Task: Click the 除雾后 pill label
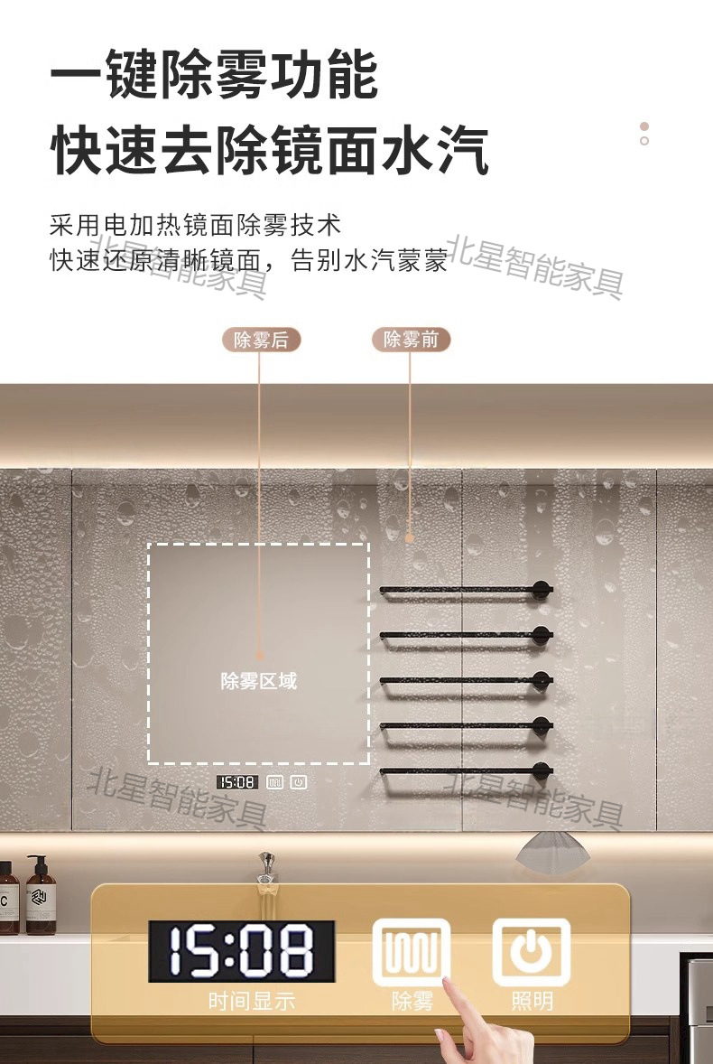click(261, 340)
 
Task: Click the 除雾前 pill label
click(411, 340)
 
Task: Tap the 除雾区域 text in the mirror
click(258, 681)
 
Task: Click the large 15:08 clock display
click(242, 951)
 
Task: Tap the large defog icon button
click(412, 952)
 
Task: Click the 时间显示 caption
click(252, 1001)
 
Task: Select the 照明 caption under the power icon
click(532, 1001)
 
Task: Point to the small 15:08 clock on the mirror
click(236, 782)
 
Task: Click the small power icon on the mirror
click(298, 782)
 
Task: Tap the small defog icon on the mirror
click(274, 782)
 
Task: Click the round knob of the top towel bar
click(542, 590)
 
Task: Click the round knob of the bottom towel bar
click(542, 770)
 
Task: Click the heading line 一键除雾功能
click(214, 75)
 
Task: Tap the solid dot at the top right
click(644, 126)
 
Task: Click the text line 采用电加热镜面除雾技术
click(196, 226)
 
